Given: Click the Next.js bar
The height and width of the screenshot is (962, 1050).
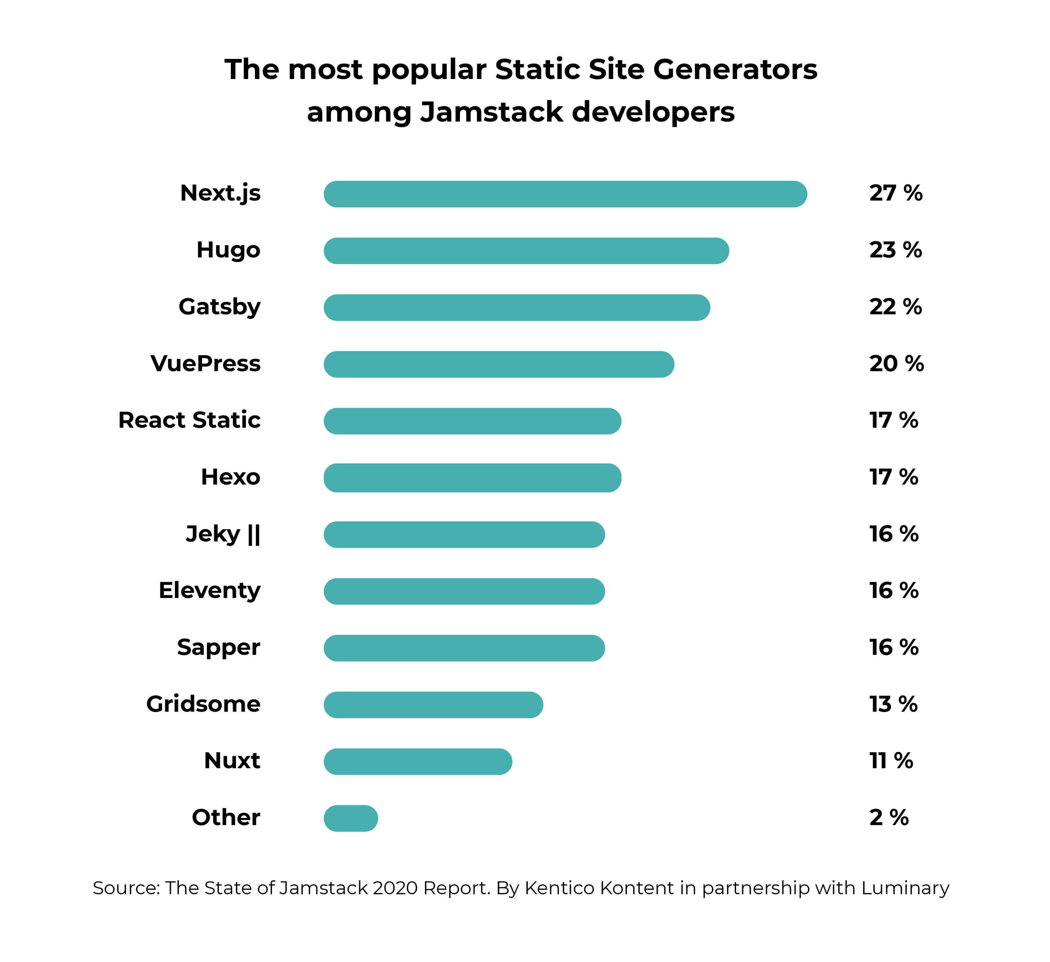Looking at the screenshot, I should coord(565,194).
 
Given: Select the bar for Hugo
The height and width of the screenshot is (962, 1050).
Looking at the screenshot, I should coord(526,251).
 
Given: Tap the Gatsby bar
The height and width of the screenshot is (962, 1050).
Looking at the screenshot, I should coord(517,308).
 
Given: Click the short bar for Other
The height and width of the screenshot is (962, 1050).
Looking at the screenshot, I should coord(351,818).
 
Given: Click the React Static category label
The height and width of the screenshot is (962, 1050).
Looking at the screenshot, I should coord(190,420).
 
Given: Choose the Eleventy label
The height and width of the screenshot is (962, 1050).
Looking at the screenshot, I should coord(209,590).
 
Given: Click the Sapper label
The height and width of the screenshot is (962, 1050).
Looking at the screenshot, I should coord(219,647).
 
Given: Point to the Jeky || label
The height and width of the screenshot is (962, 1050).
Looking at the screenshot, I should coord(223,534).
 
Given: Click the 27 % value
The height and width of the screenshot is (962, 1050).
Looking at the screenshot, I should coord(896,193).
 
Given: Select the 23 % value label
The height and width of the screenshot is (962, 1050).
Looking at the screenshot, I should coord(895,250).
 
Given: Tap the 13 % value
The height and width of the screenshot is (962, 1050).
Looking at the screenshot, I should coord(893,704).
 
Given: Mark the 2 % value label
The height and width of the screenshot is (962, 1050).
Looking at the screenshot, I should coord(889,818).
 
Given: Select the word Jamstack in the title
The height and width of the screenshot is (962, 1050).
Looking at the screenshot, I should coord(491,112).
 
